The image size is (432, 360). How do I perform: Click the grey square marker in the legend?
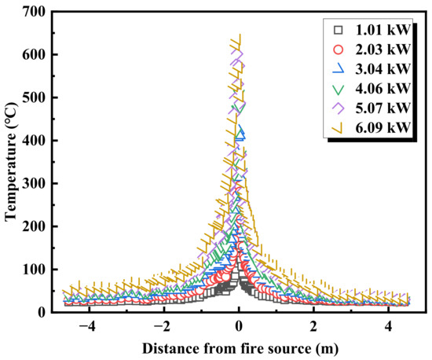(x=339, y=31)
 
